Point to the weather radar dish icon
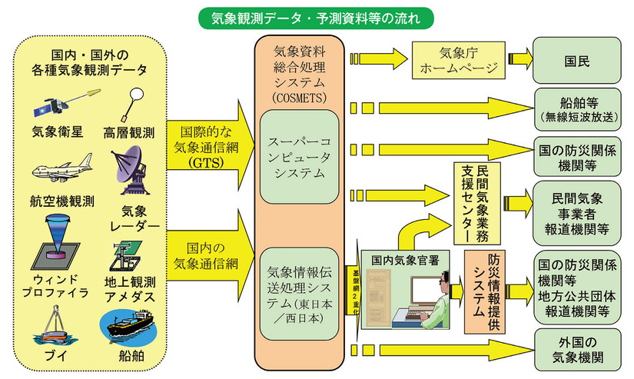click(x=136, y=169)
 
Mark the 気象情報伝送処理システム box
click(x=300, y=292)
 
